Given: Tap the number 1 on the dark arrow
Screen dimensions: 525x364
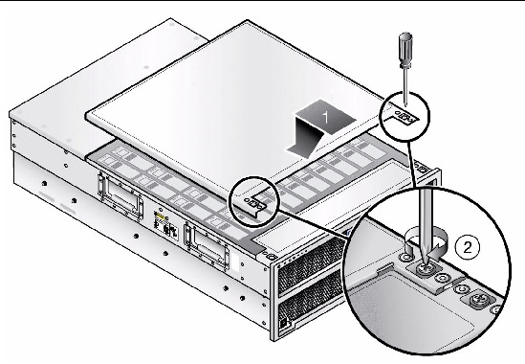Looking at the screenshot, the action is pyautogui.click(x=325, y=117).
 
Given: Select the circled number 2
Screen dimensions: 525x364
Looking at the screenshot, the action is pyautogui.click(x=468, y=247).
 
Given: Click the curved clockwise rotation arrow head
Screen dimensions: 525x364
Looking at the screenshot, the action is pyautogui.click(x=436, y=254).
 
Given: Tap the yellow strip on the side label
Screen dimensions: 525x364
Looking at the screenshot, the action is pyautogui.click(x=161, y=217).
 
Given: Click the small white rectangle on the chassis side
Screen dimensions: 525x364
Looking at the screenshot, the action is pyautogui.click(x=235, y=262).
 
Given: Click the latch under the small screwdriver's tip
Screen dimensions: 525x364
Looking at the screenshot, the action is pyautogui.click(x=405, y=116).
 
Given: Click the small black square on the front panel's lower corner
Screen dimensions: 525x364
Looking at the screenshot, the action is pyautogui.click(x=283, y=324).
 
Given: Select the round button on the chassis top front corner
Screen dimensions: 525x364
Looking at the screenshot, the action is pyautogui.click(x=272, y=258).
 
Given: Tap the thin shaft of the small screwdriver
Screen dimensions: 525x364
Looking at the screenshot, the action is pyautogui.click(x=405, y=87).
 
